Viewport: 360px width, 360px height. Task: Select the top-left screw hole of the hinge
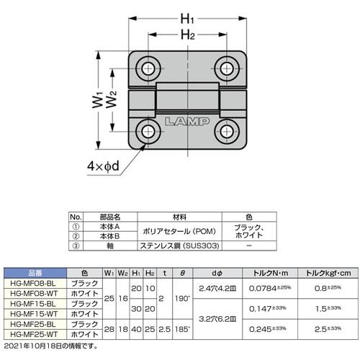tap(149, 68)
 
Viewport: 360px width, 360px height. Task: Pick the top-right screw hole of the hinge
tap(228, 68)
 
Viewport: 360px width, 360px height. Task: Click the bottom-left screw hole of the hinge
tap(149, 132)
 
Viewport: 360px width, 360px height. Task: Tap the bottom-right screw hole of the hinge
tap(228, 132)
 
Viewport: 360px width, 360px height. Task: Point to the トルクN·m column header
tap(270, 273)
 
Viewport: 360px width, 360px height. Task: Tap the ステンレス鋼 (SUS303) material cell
tap(181, 246)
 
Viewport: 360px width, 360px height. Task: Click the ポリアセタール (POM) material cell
tap(181, 230)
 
